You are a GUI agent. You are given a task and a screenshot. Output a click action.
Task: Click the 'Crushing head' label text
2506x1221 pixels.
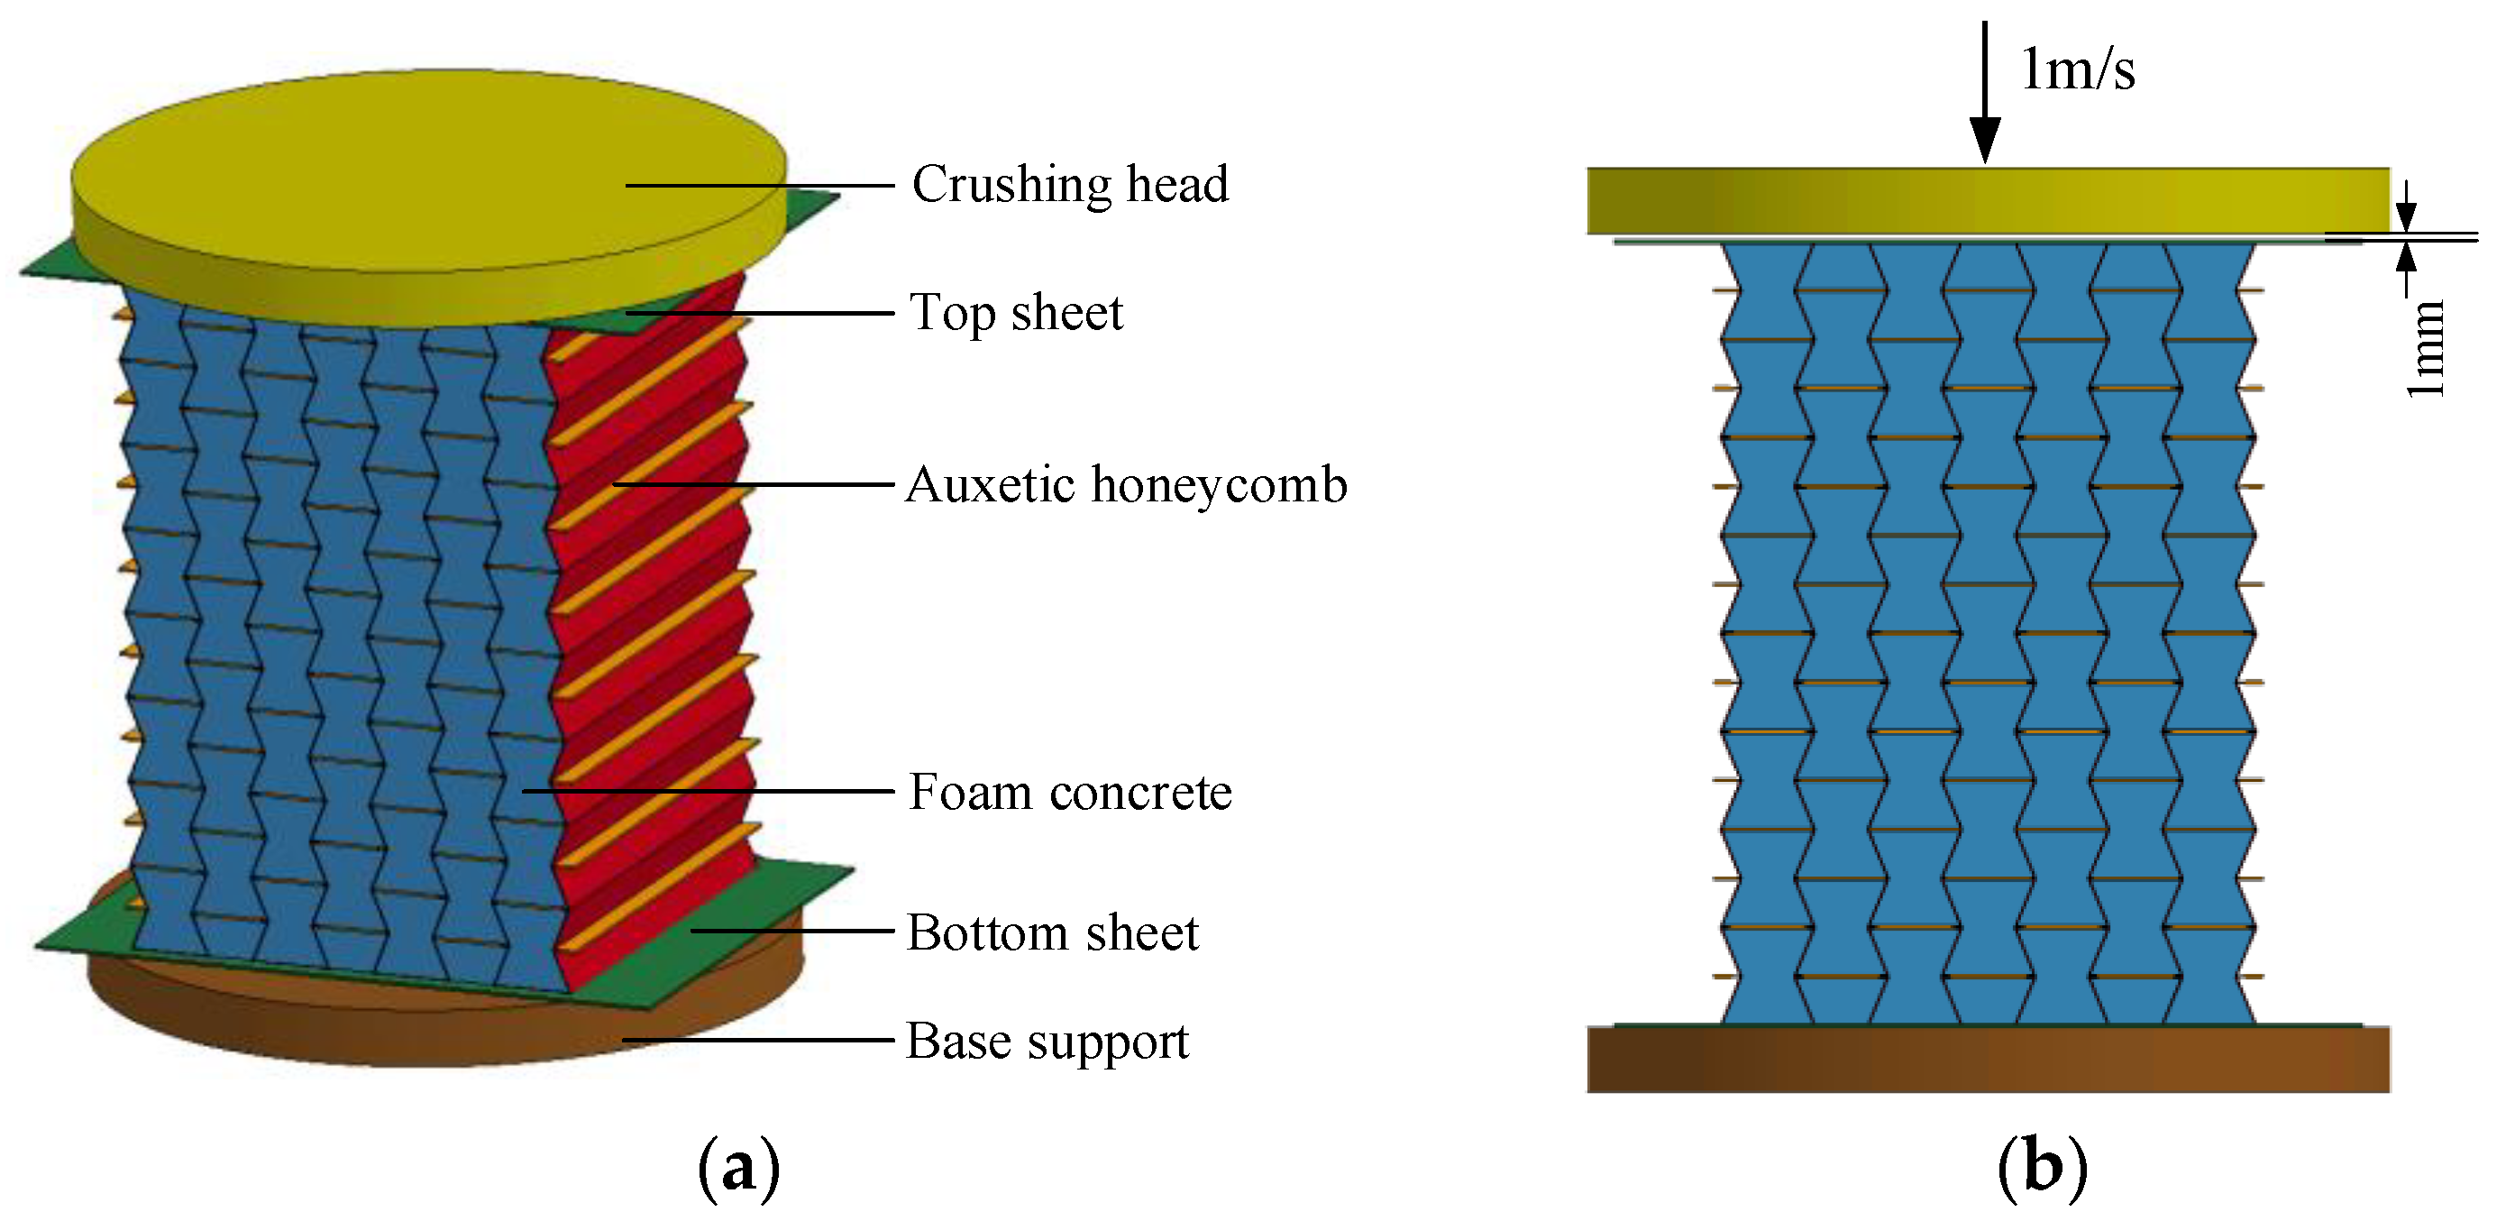pos(1069,185)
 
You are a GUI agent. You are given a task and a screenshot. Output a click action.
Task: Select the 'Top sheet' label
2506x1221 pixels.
pos(1016,313)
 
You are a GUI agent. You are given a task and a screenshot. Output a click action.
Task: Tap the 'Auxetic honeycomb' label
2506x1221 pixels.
pos(1126,484)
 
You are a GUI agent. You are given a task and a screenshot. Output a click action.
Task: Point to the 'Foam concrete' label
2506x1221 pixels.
pos(1069,792)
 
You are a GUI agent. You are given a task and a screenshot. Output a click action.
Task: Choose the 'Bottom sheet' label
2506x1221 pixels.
pos(1052,933)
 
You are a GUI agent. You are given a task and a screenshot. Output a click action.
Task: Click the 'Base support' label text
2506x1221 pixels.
pos(1047,1042)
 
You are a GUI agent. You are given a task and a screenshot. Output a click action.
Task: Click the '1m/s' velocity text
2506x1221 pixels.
pos(2078,70)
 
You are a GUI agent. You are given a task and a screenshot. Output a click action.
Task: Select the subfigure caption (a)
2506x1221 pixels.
pos(738,1168)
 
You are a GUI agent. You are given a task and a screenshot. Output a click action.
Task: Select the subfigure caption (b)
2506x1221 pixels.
pos(2042,1168)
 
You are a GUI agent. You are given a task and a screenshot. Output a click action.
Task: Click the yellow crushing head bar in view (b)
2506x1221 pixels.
pos(1985,200)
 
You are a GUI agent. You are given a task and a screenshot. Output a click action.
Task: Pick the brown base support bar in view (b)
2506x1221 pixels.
pos(1985,1060)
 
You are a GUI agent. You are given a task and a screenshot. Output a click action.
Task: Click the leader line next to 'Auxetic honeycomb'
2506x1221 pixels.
pos(754,483)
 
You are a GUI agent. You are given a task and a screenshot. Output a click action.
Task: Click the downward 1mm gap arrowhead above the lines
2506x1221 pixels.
pos(2406,218)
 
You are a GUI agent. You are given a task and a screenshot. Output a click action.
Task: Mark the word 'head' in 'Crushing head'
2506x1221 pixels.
pos(1177,185)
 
